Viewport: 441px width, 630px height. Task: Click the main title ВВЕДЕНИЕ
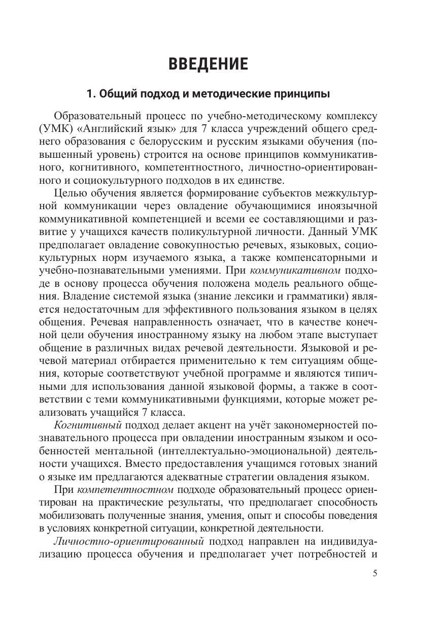pyautogui.click(x=208, y=64)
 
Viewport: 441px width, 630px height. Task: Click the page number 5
pyautogui.click(x=375, y=573)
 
